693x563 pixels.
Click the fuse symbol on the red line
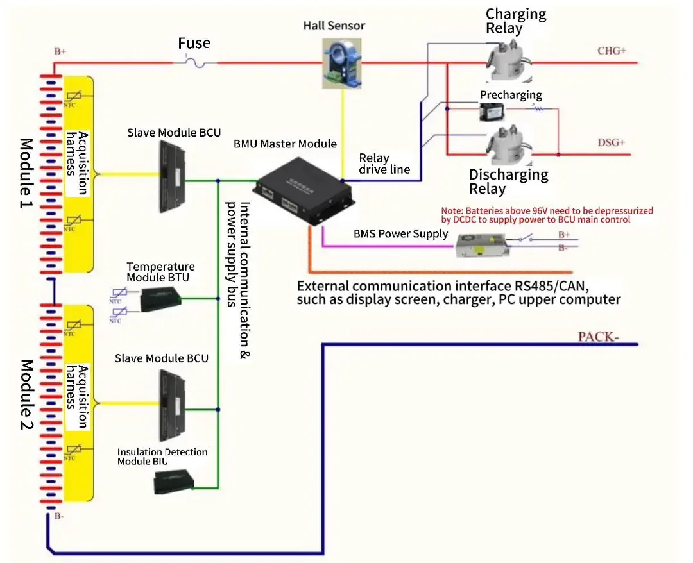point(196,62)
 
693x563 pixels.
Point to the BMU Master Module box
point(304,189)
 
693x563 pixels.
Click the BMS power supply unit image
point(481,245)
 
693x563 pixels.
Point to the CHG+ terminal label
point(612,50)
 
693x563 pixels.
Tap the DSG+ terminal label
point(612,142)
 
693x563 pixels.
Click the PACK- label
point(598,337)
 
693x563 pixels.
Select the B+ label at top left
point(60,52)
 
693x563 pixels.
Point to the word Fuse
point(194,44)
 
